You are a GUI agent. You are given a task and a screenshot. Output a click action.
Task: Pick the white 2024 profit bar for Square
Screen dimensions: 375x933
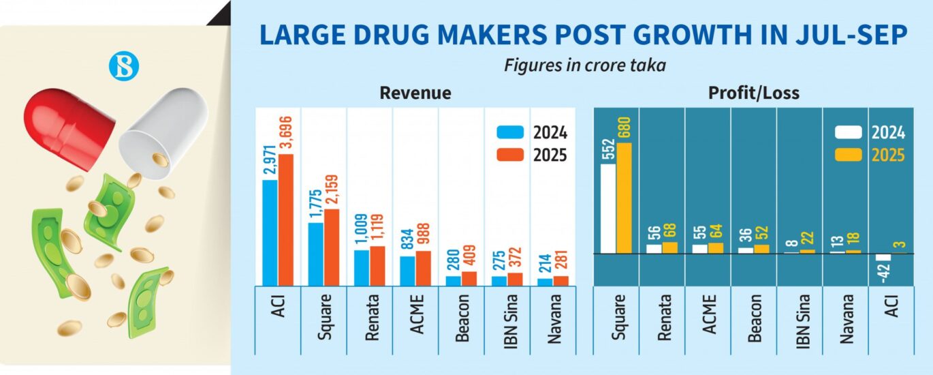pyautogui.click(x=608, y=209)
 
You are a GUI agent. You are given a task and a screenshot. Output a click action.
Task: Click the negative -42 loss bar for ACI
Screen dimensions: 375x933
pyautogui.click(x=883, y=258)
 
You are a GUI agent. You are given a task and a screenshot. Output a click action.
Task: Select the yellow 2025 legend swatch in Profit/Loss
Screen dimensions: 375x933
pyautogui.click(x=848, y=155)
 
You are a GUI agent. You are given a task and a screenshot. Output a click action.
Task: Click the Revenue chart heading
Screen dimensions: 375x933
pyautogui.click(x=415, y=93)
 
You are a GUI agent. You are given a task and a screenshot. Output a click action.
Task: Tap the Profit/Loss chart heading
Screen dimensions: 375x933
pyautogui.click(x=755, y=93)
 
